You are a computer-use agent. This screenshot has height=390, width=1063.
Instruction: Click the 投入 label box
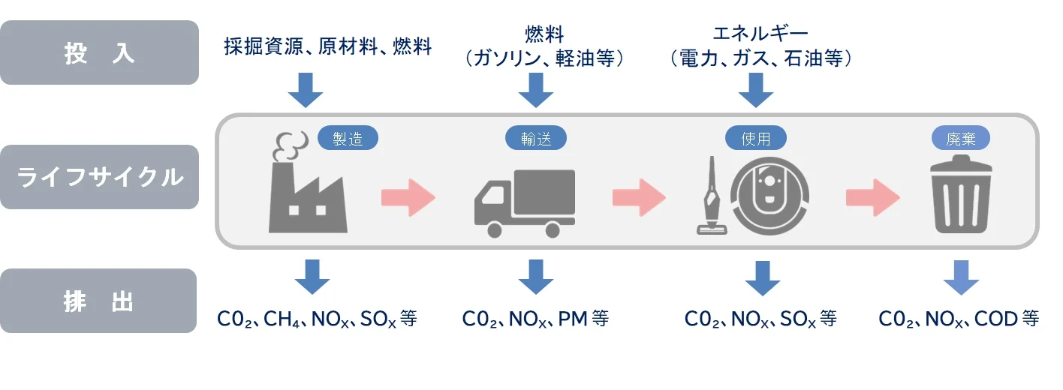coord(99,52)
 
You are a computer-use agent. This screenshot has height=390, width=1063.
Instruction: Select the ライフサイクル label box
coord(99,177)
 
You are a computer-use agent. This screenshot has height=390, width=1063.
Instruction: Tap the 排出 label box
coord(99,301)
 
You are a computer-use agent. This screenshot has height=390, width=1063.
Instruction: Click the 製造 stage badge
coord(348,139)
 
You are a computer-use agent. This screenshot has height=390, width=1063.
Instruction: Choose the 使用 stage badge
coord(756,139)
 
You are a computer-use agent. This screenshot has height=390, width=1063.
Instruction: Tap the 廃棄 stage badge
coord(962,139)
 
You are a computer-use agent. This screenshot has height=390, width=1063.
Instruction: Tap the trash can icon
coord(962,196)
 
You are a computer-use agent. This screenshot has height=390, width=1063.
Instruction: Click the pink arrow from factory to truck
coord(408,197)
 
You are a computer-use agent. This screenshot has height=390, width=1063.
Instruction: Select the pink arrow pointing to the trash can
coord(872,197)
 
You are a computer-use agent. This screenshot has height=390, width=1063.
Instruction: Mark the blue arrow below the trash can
coord(962,277)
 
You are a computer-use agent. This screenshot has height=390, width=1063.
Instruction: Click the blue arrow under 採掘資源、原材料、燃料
coord(306,90)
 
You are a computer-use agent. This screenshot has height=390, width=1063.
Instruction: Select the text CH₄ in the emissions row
coord(282,319)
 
